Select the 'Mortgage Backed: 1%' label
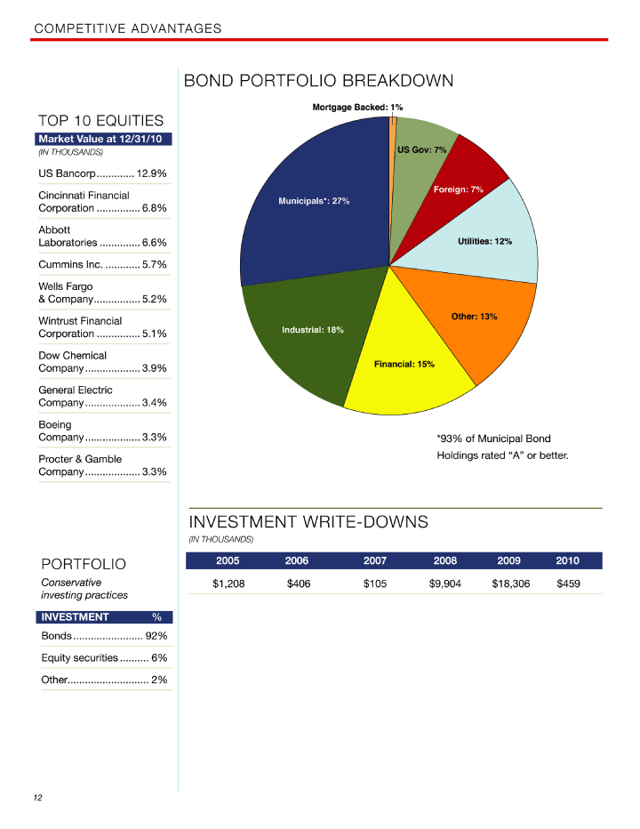(357, 107)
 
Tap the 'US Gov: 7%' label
(421, 149)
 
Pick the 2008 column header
(444, 560)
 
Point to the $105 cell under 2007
(376, 584)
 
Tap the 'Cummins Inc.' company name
(70, 264)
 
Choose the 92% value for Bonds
(156, 636)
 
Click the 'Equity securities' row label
(79, 657)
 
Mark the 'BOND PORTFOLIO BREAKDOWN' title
(318, 81)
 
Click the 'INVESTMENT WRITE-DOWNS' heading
(308, 522)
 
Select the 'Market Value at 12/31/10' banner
(103, 139)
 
